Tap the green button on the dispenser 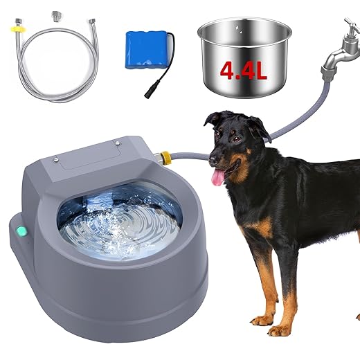pyautogui.click(x=21, y=232)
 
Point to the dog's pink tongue pyautogui.click(x=218, y=178)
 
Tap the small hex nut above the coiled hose pyautogui.click(x=54, y=14)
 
